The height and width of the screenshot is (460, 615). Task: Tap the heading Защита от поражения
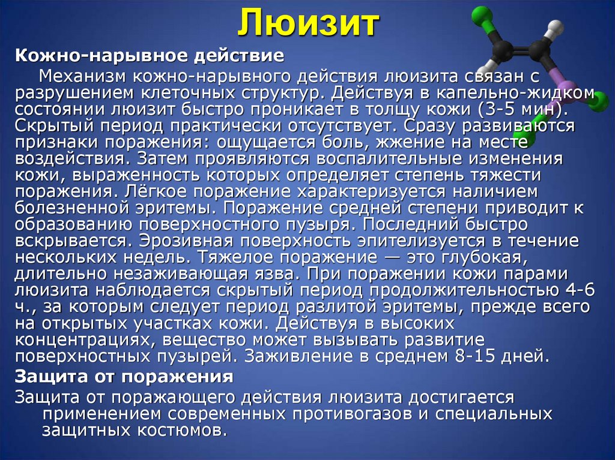[x=124, y=377]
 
